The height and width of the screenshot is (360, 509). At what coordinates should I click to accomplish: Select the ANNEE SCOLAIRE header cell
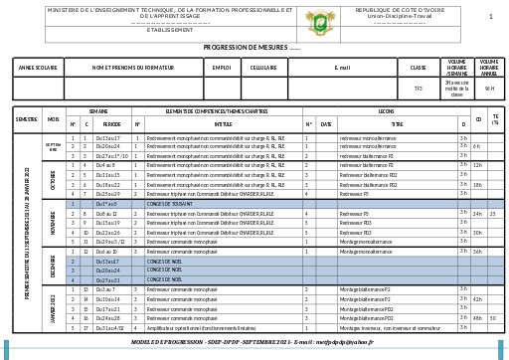pos(38,68)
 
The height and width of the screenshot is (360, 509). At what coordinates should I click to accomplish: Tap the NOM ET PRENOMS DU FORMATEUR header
pos(132,68)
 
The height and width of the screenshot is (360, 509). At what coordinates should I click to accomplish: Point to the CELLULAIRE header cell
pos(263,68)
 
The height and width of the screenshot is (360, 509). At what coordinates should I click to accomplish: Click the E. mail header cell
pos(342,68)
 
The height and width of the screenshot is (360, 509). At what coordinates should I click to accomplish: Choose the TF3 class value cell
pos(418,89)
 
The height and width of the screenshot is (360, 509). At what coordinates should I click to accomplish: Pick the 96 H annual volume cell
pos(489,89)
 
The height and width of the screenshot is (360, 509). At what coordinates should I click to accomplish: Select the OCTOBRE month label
pos(53,179)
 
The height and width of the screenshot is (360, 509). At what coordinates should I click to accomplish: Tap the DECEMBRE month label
pos(53,266)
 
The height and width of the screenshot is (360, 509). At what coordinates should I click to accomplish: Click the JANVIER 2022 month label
pos(53,308)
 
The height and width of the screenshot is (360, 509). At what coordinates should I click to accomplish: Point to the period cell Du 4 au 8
pos(106,165)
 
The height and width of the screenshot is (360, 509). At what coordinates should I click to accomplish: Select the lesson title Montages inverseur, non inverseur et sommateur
pos(390,327)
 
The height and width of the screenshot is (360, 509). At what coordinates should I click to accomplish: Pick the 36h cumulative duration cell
pos(477,252)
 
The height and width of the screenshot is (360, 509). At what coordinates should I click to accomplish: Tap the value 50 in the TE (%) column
pos(492,318)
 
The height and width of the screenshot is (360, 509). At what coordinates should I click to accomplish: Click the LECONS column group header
pos(386,111)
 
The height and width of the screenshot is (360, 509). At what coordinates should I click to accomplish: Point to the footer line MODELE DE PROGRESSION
pos(253,342)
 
